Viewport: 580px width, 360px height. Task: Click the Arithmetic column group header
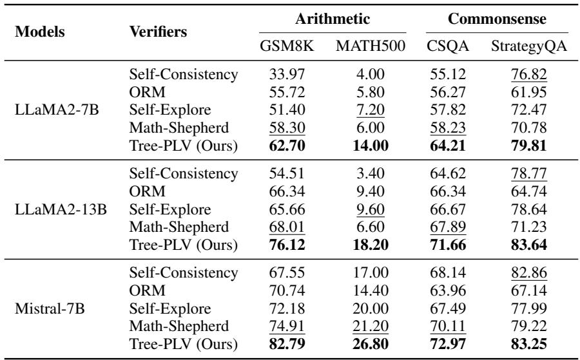pos(333,21)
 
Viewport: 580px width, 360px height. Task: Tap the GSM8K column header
pos(282,48)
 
